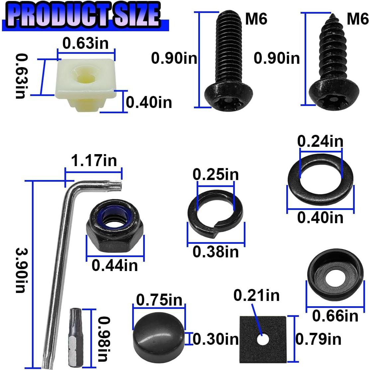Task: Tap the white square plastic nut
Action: pos(85,81)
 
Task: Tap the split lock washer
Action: pos(215,213)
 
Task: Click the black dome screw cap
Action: pos(159,335)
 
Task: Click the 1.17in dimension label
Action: pos(94,161)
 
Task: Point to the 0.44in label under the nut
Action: pos(115,265)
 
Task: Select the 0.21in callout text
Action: pos(256,295)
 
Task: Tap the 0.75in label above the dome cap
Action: pos(159,300)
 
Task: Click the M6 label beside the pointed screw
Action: pos(357,20)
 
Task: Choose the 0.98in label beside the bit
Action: pos(104,339)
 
